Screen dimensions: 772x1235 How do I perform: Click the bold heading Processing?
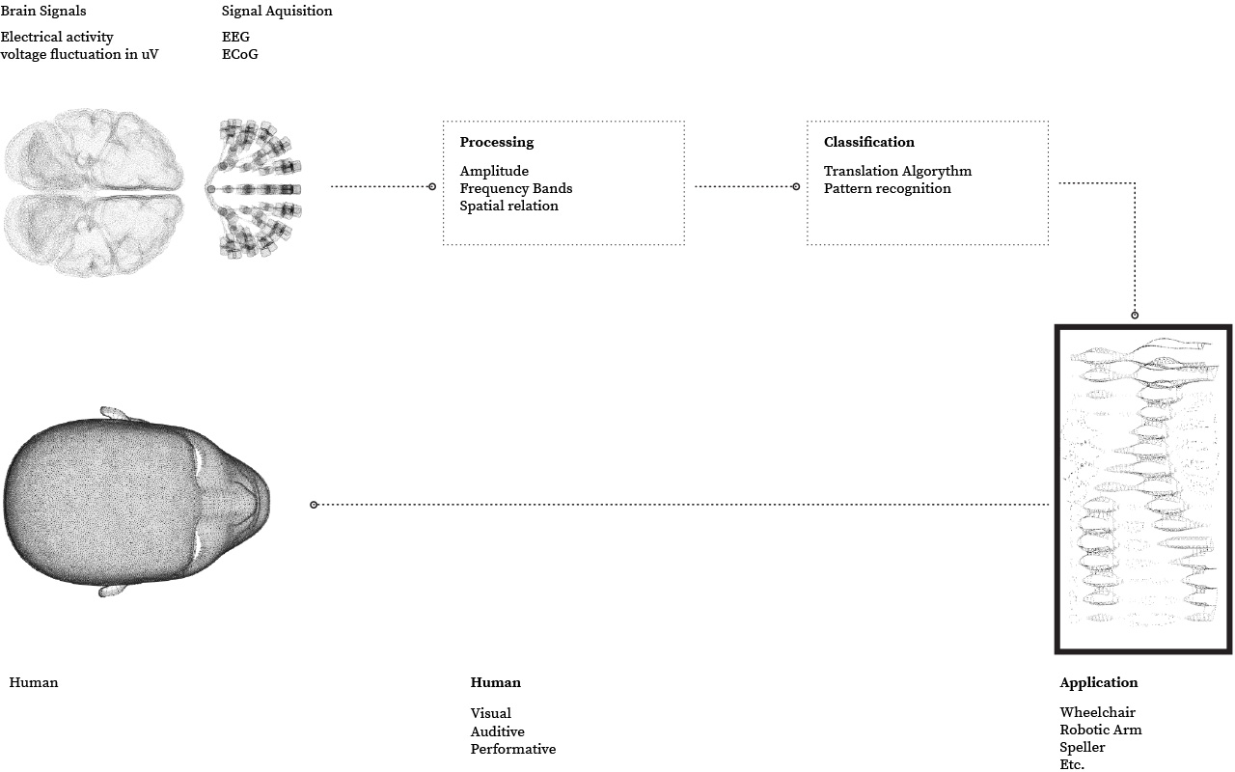(496, 142)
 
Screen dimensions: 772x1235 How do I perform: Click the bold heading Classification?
(868, 142)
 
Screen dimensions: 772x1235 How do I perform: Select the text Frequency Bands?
(515, 188)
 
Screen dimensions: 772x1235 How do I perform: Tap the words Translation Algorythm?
(897, 171)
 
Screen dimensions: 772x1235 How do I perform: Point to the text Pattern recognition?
(887, 188)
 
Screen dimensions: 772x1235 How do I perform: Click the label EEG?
(235, 38)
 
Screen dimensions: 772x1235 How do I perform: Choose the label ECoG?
(239, 55)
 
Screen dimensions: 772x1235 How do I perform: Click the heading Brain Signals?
(43, 12)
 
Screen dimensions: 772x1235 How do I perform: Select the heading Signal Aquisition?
(277, 12)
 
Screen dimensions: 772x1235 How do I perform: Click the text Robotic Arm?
(1100, 730)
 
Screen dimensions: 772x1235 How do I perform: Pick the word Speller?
(1082, 747)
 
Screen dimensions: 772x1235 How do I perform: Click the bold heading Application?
(1098, 682)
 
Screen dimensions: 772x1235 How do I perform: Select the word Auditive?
(497, 731)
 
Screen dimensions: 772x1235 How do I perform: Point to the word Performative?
(512, 749)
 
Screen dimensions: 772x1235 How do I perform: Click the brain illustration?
(93, 193)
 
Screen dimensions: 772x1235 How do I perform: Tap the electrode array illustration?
(253, 189)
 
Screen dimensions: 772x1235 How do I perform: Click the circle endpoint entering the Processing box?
(432, 186)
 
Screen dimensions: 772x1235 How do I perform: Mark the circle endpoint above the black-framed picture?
(1135, 315)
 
